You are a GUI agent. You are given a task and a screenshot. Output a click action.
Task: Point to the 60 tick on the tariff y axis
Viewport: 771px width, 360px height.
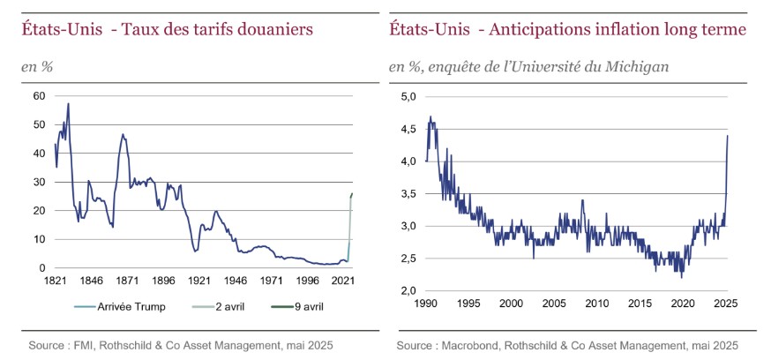39,95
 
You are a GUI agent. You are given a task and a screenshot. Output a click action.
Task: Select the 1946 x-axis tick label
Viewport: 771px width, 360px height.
236,281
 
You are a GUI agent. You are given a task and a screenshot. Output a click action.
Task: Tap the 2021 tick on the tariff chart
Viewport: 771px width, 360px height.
343,281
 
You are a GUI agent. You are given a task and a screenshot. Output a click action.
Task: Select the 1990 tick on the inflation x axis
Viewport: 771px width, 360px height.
426,303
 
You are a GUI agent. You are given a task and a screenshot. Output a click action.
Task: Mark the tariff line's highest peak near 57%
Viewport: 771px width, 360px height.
68,104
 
